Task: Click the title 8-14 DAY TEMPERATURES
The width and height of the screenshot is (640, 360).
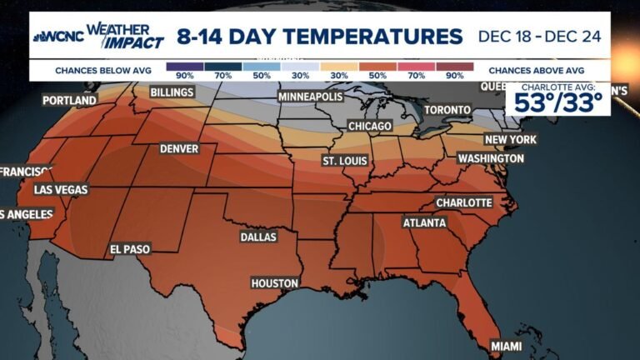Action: click(319, 37)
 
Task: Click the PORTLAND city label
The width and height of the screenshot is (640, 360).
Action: click(69, 101)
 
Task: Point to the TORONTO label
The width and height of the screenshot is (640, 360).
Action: click(447, 110)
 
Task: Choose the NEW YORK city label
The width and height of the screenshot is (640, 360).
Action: click(510, 139)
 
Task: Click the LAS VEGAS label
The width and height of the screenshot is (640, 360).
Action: click(60, 190)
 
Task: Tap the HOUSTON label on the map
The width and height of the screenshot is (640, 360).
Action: click(274, 283)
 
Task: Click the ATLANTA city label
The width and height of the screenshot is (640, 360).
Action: click(424, 223)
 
